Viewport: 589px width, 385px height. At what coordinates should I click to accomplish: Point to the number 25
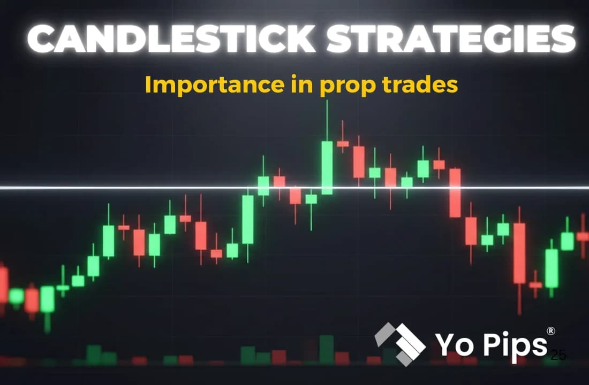tap(558, 354)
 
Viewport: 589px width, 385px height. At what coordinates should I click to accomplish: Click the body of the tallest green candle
tap(327, 167)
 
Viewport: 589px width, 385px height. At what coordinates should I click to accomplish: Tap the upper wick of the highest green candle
tap(327, 120)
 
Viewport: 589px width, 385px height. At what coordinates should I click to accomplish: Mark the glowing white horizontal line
tap(161, 188)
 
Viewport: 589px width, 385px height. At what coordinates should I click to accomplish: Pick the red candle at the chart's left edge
tap(3, 285)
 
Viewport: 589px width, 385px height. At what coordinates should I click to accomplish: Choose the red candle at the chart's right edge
tap(584, 236)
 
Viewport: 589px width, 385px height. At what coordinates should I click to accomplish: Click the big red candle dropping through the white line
tap(455, 192)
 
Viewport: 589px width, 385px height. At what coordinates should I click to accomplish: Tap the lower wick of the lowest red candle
tap(519, 299)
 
